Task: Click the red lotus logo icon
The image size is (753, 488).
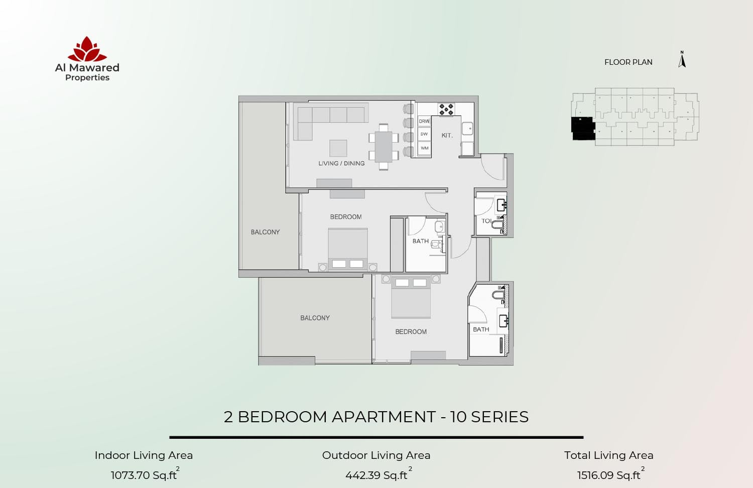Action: pos(87,49)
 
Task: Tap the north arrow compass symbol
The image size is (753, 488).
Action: pos(682,60)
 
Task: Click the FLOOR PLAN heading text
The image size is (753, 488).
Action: pos(628,62)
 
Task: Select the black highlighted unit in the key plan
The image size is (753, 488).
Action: pos(583,129)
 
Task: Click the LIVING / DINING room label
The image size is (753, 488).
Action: pos(341,163)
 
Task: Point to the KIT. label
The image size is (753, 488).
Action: pos(447,136)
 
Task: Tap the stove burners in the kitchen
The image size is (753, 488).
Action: pos(445,109)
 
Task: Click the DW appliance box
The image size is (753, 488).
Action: pos(424,134)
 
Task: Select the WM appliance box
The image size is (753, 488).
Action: pos(424,148)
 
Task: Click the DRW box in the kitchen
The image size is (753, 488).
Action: pos(424,121)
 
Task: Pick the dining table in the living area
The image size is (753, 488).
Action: pos(384,146)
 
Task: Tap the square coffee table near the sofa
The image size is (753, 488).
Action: pos(338,148)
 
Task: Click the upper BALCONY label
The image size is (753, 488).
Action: pos(265,232)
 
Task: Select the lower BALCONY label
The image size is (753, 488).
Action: pos(315,318)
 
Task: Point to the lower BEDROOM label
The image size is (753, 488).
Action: pos(411,332)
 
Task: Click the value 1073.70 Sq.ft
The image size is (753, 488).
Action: pos(144,475)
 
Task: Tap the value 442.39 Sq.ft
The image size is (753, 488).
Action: pos(376,475)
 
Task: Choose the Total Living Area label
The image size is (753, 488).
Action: pos(608,455)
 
